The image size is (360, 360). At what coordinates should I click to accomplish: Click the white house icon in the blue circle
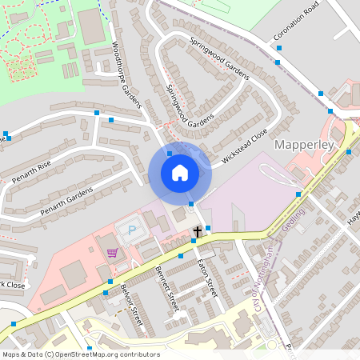180,172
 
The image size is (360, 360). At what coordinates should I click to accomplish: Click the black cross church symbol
197,232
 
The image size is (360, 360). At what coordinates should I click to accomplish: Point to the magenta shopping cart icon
112,253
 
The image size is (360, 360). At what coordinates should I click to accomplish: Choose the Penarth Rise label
31,171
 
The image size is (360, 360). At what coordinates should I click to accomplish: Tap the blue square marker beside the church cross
208,229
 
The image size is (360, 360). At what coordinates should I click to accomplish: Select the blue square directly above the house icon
170,152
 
